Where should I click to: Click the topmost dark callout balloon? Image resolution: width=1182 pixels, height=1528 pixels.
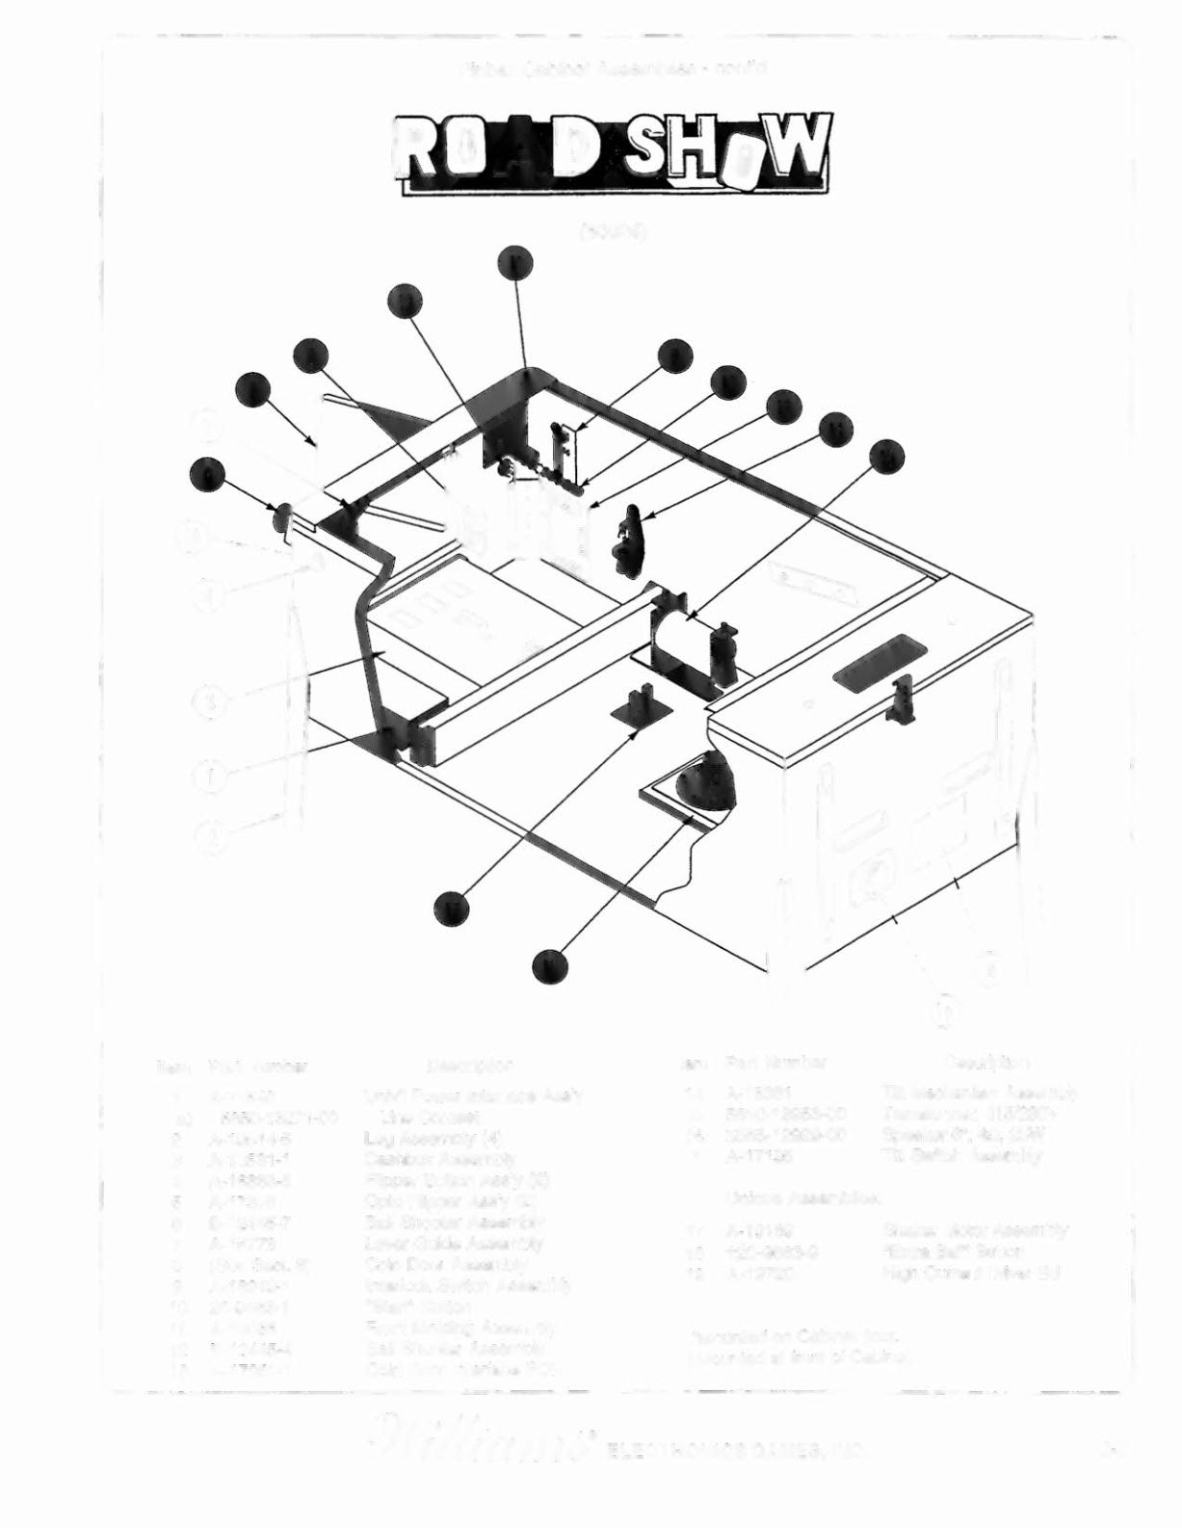point(517,262)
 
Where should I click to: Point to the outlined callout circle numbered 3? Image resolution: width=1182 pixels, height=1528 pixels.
point(211,699)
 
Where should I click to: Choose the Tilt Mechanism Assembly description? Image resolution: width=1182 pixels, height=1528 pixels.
point(978,1093)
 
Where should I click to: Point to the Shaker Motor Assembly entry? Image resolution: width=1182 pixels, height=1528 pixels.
point(975,1230)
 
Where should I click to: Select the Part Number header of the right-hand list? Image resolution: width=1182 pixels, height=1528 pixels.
point(775,1063)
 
